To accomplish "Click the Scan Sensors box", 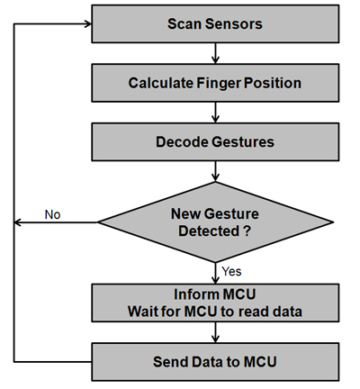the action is click(215, 23).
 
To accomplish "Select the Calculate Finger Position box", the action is click(215, 83).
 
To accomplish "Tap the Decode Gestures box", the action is click(215, 141).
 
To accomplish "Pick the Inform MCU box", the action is click(215, 303).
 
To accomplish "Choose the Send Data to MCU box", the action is click(215, 362).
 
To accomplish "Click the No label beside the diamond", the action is click(52, 214).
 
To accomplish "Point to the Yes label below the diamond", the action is click(231, 271).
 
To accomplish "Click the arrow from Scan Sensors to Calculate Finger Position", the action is click(215, 53).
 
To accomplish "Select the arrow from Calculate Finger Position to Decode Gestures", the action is click(215, 113).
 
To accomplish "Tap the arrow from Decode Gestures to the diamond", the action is click(215, 171).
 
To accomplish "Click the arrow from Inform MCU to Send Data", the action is click(215, 332).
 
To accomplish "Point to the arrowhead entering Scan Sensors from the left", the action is click(88, 24).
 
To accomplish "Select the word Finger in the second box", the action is click(218, 83).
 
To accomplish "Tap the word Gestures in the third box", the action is click(243, 142).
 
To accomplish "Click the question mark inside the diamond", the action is click(247, 231).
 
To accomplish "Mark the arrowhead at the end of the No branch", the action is click(17, 222).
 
